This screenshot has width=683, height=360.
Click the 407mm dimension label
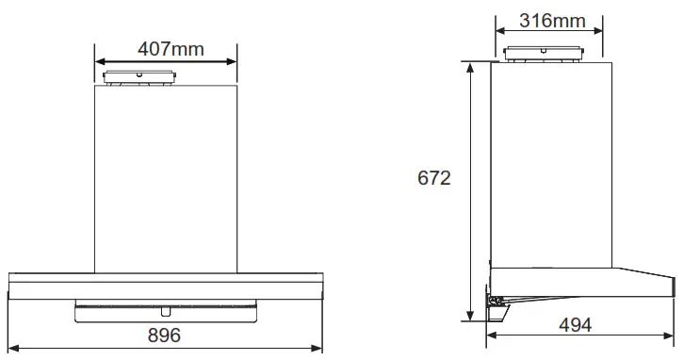click(x=170, y=48)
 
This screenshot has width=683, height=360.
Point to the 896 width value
click(x=164, y=335)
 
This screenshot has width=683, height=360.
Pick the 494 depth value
click(x=575, y=325)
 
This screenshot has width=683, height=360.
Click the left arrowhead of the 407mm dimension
click(x=99, y=62)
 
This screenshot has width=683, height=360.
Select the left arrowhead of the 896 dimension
click(x=12, y=349)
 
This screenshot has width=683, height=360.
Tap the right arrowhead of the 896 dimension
click(x=320, y=349)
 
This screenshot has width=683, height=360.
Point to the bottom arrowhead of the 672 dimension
click(x=470, y=318)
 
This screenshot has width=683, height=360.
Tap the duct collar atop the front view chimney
click(x=139, y=78)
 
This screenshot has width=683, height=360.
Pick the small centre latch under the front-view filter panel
click(x=167, y=309)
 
